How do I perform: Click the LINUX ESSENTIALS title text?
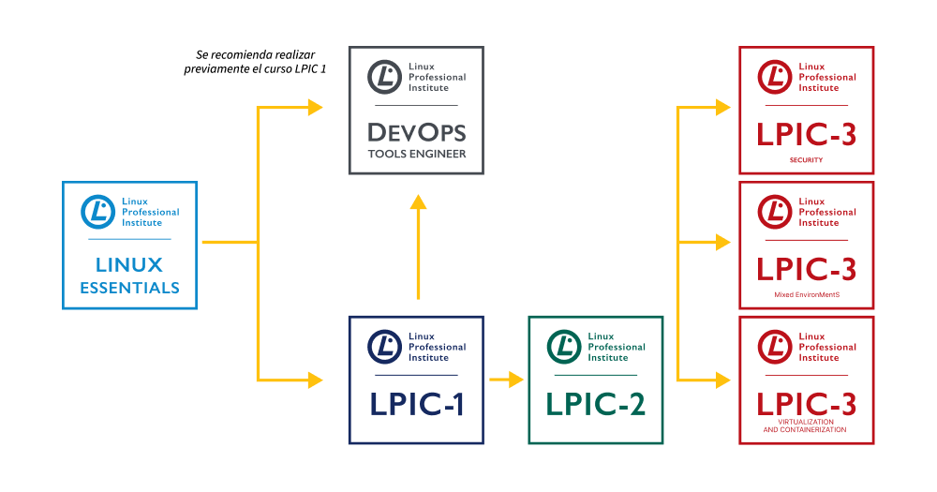[x=129, y=276]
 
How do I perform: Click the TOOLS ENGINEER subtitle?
[x=416, y=154]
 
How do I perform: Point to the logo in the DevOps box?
[x=384, y=76]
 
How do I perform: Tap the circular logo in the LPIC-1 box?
[x=384, y=346]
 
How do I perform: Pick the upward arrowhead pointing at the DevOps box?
[x=418, y=203]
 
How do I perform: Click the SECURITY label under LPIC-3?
[x=806, y=160]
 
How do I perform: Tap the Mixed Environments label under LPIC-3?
[x=806, y=295]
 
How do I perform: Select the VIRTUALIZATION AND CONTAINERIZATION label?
[x=806, y=426]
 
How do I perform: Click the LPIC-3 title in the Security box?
[x=806, y=134]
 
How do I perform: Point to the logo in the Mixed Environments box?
[x=775, y=211]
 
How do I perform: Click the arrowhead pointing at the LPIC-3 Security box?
[x=722, y=107]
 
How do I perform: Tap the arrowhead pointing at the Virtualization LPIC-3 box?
[x=722, y=380]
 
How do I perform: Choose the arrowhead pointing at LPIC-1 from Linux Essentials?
[x=315, y=380]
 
